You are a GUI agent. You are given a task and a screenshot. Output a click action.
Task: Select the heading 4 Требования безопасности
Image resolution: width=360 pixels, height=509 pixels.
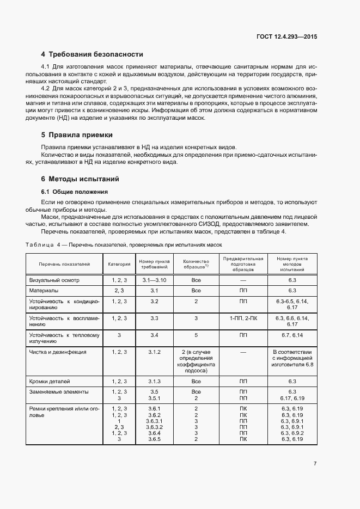tap(92, 54)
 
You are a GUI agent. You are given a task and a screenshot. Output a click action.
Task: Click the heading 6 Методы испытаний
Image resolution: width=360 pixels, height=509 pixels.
tap(80, 179)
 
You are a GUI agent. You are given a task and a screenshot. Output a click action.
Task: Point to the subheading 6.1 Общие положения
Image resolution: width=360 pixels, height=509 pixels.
tap(74, 192)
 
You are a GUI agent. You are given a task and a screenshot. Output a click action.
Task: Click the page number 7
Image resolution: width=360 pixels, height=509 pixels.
tap(315, 463)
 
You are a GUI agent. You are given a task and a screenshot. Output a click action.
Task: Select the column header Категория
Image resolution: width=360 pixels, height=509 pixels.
tap(119, 264)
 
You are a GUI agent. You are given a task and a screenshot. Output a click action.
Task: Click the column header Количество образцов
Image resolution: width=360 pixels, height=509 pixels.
tap(196, 264)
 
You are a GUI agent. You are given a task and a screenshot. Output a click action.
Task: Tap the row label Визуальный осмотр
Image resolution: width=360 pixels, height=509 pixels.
tap(54, 280)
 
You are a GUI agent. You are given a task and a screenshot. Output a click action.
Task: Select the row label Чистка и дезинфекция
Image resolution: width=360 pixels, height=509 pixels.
tap(58, 352)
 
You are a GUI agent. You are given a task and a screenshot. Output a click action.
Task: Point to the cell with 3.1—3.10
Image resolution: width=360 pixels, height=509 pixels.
tap(154, 280)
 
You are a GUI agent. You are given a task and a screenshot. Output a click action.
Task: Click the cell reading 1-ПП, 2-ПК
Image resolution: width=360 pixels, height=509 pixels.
tap(243, 318)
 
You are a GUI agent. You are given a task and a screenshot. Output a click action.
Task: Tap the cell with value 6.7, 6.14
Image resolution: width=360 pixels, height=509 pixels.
tap(292, 335)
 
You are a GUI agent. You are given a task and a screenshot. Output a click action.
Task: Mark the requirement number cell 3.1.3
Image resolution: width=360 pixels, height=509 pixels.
tap(154, 381)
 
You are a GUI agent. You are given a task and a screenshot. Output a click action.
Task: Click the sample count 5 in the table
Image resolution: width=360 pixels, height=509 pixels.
tap(196, 335)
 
